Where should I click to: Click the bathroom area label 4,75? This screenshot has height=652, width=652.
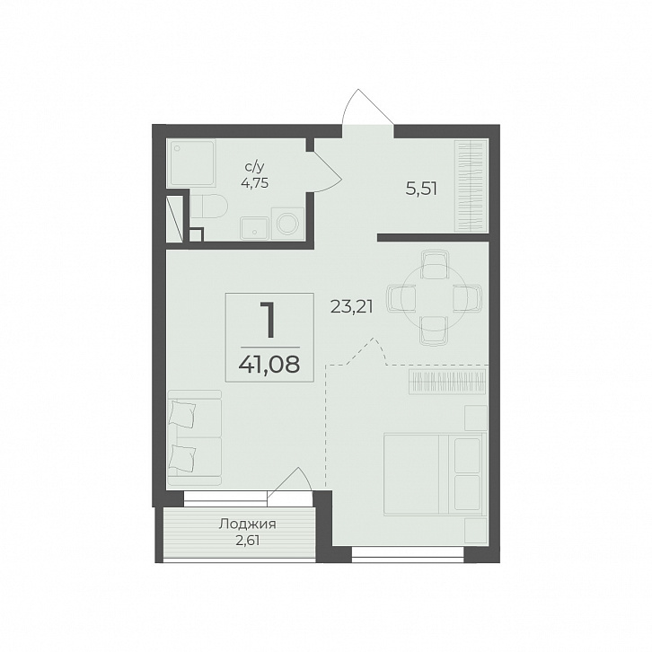click(254, 182)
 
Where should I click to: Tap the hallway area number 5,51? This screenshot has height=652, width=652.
click(421, 190)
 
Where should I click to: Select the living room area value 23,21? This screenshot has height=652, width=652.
click(352, 307)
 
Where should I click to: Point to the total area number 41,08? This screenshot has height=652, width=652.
click(269, 365)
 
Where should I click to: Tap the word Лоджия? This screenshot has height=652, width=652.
click(247, 524)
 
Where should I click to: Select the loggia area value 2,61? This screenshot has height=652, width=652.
click(247, 541)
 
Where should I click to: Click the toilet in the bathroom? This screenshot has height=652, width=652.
click(208, 206)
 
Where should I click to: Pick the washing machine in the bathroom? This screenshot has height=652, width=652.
click(287, 224)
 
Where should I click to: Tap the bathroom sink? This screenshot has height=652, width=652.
click(254, 228)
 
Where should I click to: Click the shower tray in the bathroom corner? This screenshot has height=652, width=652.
click(191, 163)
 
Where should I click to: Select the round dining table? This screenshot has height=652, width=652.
click(433, 298)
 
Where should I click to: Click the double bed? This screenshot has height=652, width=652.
click(436, 474)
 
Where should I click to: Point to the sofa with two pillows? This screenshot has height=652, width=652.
click(195, 438)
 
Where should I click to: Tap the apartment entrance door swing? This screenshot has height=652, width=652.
click(368, 107)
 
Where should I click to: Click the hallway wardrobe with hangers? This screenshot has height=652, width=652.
click(471, 186)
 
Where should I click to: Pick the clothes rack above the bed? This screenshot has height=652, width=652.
click(447, 381)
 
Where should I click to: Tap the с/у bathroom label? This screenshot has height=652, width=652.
click(254, 167)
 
